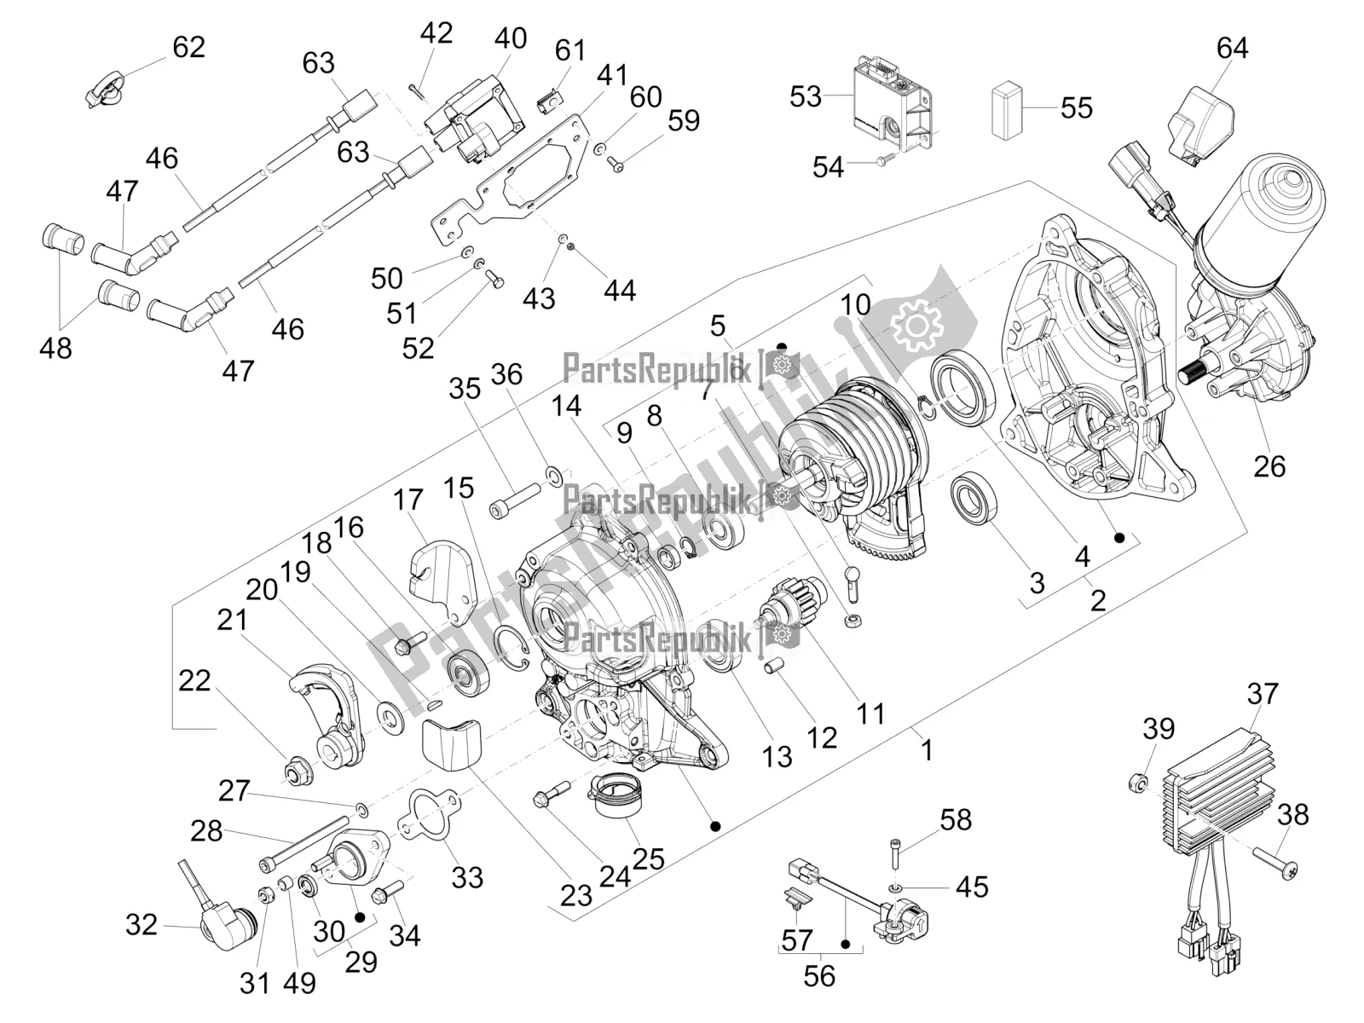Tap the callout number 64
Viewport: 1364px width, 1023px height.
[x=1232, y=48]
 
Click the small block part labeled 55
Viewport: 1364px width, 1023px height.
[x=1006, y=108]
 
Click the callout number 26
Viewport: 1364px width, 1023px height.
[x=1269, y=466]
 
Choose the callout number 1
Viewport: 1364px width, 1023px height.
[x=927, y=749]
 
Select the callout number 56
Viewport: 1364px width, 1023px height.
[x=819, y=974]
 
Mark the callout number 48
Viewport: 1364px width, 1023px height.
[x=56, y=348]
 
